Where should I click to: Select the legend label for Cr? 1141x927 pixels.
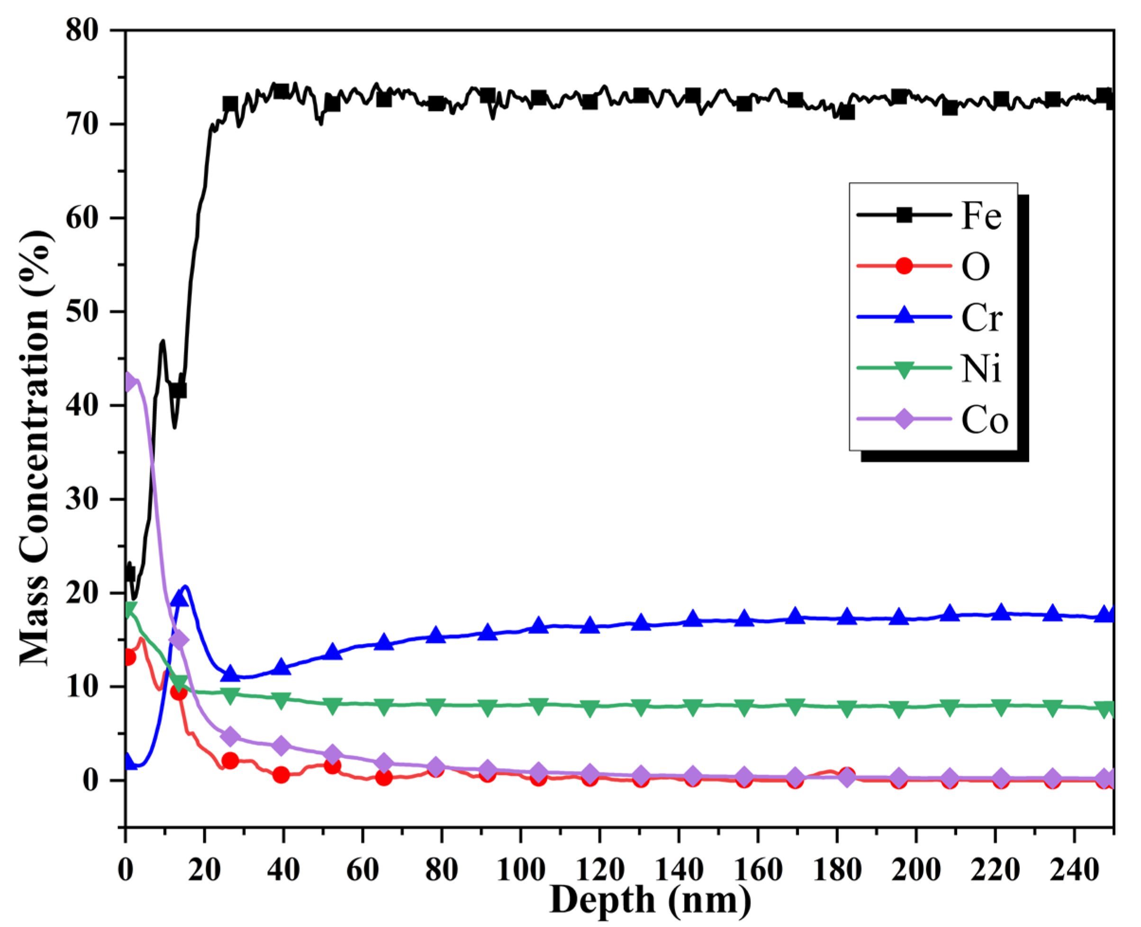point(981,318)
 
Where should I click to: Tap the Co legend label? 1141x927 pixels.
point(985,420)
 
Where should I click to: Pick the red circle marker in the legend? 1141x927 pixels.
point(904,266)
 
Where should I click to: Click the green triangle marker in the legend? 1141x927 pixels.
point(904,369)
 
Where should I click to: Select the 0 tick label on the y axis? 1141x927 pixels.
point(91,780)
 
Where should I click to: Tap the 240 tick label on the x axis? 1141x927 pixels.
point(1074,871)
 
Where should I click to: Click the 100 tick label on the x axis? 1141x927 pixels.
point(520,871)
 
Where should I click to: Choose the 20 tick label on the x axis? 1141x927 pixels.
point(204,871)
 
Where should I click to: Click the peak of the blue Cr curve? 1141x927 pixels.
point(185,587)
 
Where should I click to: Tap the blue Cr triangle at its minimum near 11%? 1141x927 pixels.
point(231,674)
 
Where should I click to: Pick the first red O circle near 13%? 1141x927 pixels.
point(128,657)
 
